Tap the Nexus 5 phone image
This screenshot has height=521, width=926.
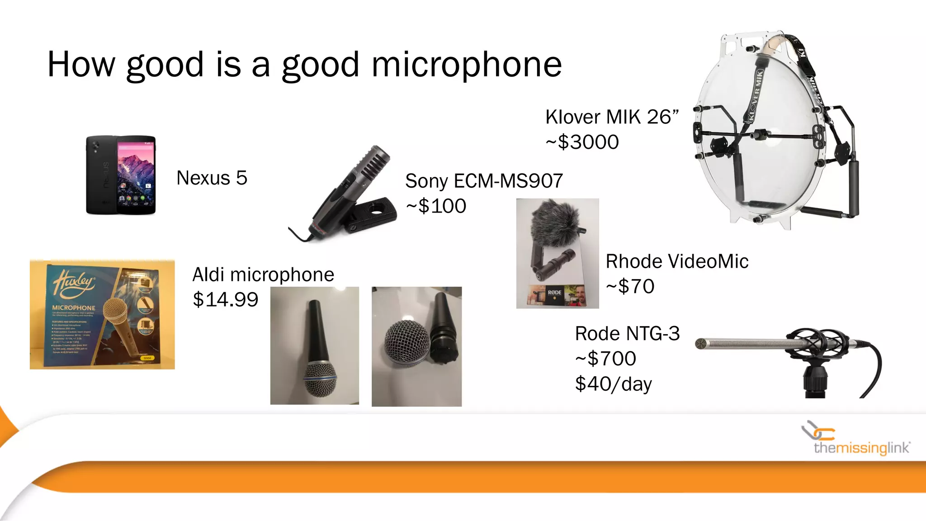coord(121,175)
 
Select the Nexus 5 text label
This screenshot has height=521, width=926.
coord(212,178)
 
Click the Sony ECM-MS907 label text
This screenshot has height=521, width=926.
coord(484,181)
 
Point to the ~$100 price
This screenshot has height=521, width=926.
coord(436,206)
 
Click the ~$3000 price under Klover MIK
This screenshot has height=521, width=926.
coord(582,142)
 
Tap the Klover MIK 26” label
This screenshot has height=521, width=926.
coord(612,117)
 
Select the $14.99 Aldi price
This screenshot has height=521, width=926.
coord(225,299)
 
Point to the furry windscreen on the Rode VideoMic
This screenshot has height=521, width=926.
coord(556,223)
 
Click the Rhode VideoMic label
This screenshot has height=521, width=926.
coord(677,261)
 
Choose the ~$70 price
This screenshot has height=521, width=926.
coord(630,286)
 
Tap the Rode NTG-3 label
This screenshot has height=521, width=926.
coord(627,334)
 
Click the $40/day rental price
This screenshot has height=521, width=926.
coord(613,384)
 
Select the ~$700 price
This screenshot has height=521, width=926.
coord(605,359)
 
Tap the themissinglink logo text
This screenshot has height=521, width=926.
coord(861,448)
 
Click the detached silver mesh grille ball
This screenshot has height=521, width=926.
coord(406,342)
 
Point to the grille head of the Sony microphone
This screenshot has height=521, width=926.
coord(374,163)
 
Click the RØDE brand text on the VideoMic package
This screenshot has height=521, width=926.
coord(554,293)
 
